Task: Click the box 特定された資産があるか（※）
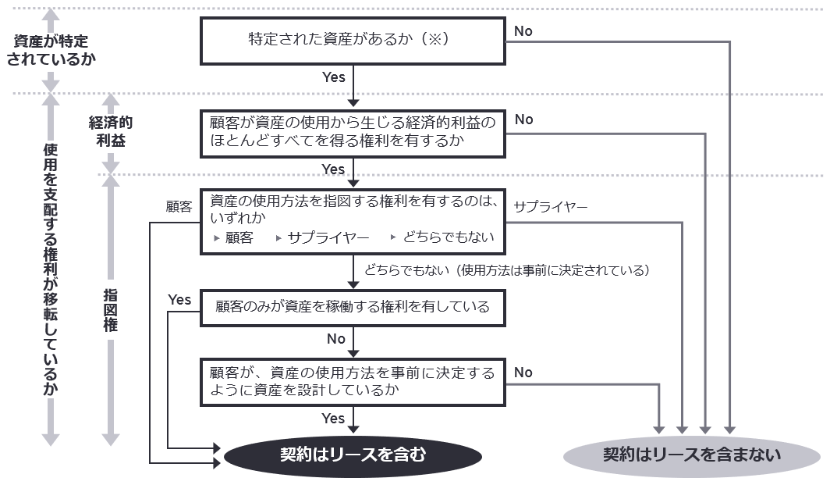353,41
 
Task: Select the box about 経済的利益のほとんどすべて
353,133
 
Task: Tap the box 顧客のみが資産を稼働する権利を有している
353,306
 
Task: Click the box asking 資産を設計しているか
353,381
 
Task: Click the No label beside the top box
523,30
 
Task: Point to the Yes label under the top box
333,77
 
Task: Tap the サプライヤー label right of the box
551,207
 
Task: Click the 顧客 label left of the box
179,207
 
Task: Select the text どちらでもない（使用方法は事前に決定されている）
507,270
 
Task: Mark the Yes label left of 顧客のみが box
179,299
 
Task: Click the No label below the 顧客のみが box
336,339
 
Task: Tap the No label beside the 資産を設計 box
523,372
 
